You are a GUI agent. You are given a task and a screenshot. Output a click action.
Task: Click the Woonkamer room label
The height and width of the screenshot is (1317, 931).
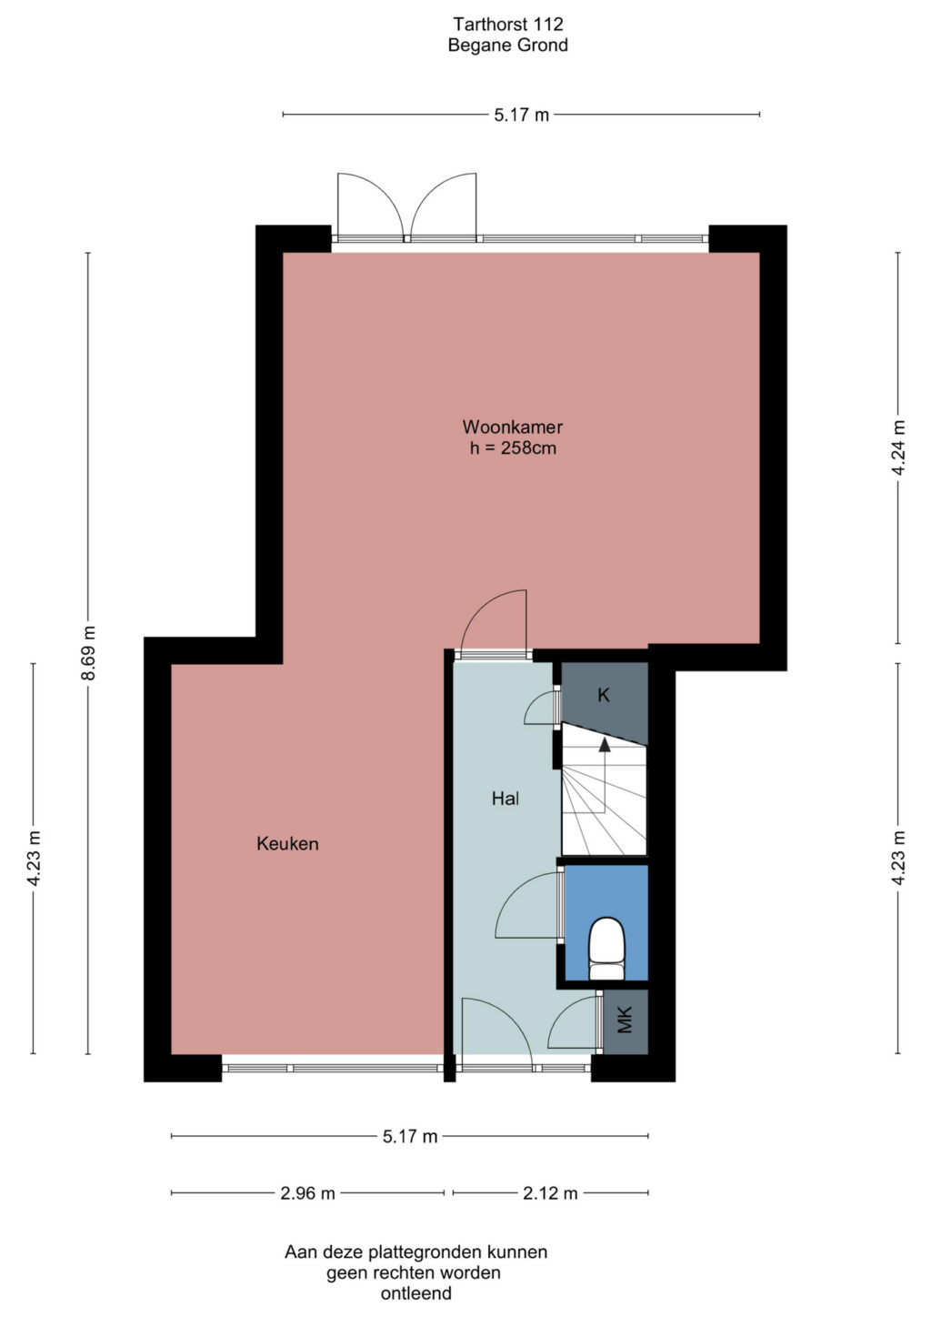pos(512,427)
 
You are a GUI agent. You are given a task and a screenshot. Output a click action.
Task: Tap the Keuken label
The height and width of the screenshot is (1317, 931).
pos(287,844)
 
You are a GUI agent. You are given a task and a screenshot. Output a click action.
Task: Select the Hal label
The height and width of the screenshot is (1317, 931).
pos(506,799)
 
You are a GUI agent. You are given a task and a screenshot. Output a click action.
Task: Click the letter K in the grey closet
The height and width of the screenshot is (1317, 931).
pos(603,695)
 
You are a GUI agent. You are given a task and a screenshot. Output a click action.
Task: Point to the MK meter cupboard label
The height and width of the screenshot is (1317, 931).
pos(625,1020)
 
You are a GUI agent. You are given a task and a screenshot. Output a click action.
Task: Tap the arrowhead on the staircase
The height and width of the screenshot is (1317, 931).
pos(604,745)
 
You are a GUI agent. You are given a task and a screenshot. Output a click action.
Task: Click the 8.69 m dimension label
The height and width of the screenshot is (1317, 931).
pos(88,653)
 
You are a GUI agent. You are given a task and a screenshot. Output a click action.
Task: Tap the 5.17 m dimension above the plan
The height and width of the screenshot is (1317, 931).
pos(521,114)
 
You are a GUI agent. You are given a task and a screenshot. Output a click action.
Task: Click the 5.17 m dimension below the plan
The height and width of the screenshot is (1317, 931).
pos(410,1137)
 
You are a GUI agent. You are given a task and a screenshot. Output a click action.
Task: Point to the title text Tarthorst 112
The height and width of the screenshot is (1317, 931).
pos(508,25)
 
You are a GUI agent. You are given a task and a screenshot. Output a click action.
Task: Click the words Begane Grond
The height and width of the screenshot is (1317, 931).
pos(508,45)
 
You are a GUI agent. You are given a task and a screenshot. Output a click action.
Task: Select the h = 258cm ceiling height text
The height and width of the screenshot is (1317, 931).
pos(513,448)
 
